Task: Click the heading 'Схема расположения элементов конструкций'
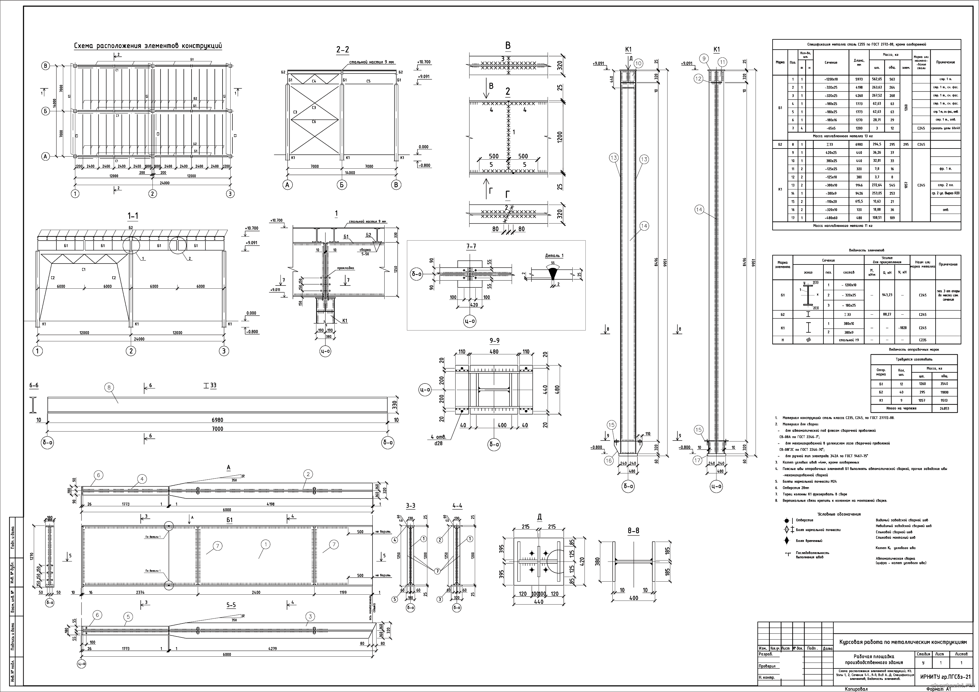148,46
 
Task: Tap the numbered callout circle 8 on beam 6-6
110,387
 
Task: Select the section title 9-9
494,340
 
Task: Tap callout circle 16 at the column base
608,460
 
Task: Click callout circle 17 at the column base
698,460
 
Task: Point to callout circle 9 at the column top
704,59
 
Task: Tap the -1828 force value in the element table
902,328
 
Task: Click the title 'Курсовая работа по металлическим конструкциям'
902,642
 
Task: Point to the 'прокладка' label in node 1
345,268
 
